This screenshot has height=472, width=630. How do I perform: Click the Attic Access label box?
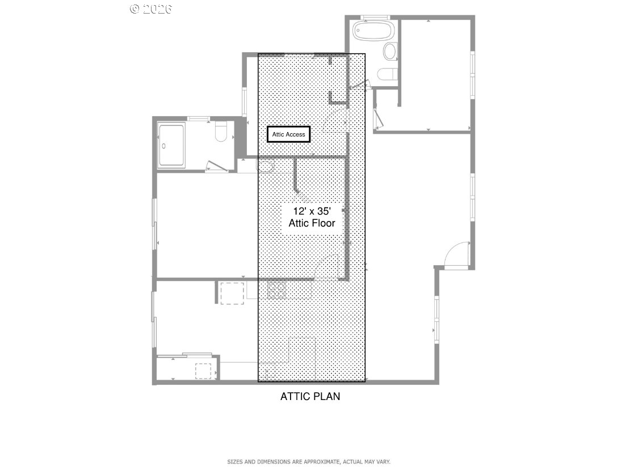tap(288, 134)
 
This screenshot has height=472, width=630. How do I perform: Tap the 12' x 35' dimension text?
tap(312, 211)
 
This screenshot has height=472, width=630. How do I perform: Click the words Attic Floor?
tap(312, 223)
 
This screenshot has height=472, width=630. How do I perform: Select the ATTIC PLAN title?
tap(310, 396)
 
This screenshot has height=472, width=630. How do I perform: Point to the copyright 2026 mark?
tap(150, 8)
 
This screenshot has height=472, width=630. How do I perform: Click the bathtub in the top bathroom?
tap(373, 31)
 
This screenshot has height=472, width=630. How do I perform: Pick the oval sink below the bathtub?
tap(390, 52)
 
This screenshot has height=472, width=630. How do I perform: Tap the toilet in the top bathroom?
tap(388, 75)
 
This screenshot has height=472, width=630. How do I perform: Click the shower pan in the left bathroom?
tap(171, 146)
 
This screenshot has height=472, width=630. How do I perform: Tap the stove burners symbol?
tap(277, 290)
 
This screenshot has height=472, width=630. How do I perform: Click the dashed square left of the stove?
tap(232, 293)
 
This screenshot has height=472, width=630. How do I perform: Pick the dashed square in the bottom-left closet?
tap(203, 371)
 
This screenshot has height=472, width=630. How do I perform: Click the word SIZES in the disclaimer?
tap(234, 462)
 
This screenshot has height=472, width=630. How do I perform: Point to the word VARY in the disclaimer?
tap(383, 462)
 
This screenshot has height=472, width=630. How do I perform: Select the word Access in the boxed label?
tap(296, 134)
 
